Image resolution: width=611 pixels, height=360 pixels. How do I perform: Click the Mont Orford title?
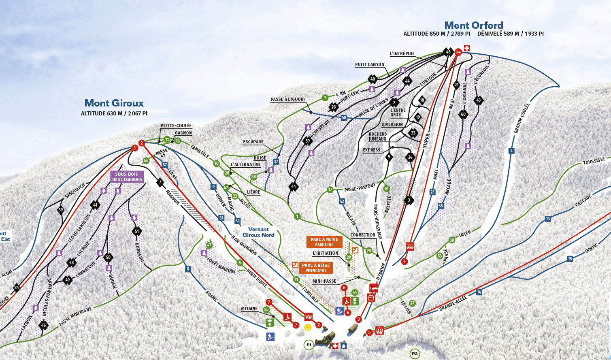(474, 25)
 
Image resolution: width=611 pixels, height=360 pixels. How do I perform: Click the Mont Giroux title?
(114, 103)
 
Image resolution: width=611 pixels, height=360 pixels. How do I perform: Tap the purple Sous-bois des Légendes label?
(127, 177)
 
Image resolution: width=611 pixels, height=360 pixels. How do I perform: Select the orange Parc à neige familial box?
(324, 242)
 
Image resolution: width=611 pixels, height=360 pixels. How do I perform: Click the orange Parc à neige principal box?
(316, 268)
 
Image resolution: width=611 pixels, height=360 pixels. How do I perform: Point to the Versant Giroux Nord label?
(258, 232)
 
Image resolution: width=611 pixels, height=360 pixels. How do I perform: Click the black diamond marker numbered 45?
(448, 52)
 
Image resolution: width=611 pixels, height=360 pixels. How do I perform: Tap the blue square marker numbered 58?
(344, 118)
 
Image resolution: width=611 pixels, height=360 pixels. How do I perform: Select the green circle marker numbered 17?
(330, 190)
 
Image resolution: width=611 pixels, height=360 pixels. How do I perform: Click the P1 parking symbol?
(309, 345)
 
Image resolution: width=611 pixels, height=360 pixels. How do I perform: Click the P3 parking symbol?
(415, 354)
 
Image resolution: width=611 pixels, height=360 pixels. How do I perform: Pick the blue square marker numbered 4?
(511, 151)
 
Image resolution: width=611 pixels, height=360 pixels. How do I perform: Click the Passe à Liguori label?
(287, 99)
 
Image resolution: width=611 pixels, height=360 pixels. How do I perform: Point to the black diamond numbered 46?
(43, 325)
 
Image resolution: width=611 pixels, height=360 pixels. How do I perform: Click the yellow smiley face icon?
(308, 327)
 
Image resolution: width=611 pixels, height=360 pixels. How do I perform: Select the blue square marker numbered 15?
(570, 259)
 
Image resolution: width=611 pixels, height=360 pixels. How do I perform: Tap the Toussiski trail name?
(594, 161)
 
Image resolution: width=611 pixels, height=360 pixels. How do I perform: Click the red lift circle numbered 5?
(369, 332)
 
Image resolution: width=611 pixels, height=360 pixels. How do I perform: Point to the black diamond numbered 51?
(136, 232)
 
